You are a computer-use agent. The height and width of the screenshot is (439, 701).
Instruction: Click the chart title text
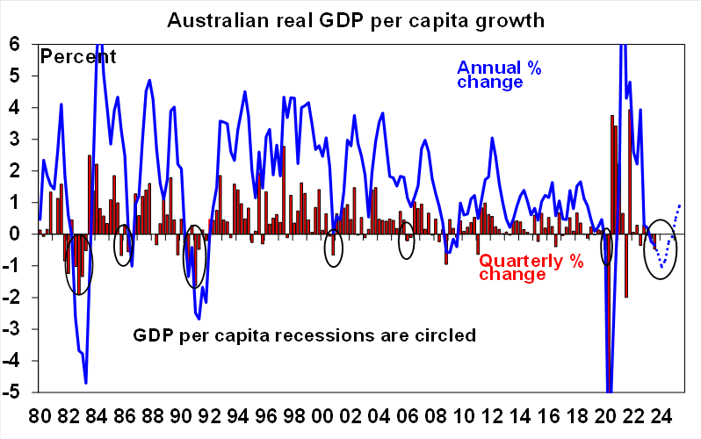(x=356, y=17)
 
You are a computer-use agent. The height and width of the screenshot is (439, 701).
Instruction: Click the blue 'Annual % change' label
(x=497, y=75)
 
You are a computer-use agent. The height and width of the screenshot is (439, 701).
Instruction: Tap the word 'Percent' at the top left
(x=78, y=57)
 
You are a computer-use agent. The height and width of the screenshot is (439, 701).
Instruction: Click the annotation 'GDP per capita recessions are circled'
(x=304, y=335)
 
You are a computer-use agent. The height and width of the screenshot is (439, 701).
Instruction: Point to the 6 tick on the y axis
(x=16, y=44)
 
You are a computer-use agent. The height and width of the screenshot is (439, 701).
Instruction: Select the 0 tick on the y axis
(x=16, y=234)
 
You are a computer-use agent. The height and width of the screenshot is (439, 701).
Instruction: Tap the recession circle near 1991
(x=194, y=257)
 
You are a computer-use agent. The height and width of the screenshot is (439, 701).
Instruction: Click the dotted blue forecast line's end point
(x=679, y=205)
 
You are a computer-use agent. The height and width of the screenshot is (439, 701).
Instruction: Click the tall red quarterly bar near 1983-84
(x=90, y=194)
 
